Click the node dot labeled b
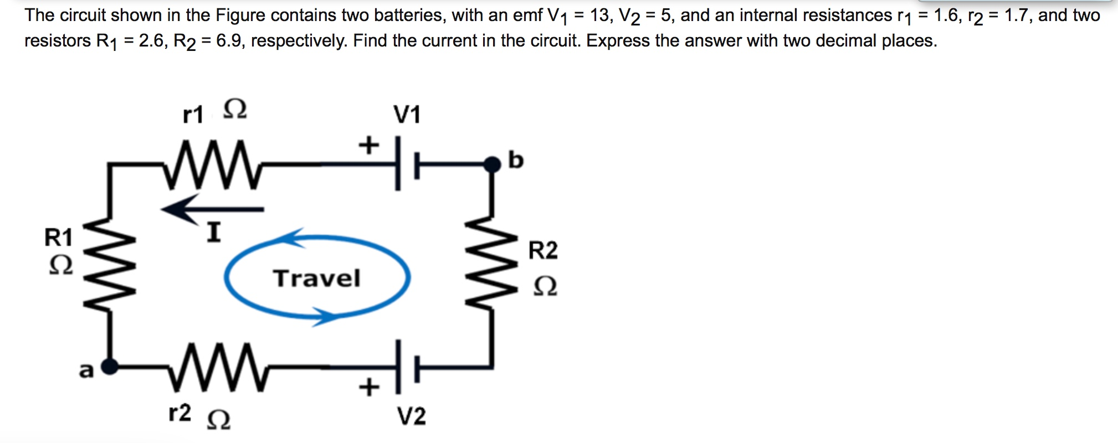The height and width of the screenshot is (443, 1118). point(491,164)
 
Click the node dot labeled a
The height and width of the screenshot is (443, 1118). point(110,366)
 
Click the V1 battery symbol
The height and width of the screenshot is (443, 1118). point(407,164)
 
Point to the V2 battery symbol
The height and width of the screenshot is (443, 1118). point(407,367)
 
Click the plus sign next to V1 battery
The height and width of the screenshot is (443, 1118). point(369,145)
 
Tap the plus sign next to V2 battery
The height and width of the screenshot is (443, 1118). point(369,387)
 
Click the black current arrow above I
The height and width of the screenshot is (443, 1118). point(213,209)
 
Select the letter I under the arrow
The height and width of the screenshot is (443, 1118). point(214,232)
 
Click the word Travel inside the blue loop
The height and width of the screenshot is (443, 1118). point(316,278)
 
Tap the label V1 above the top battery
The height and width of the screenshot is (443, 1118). point(407,115)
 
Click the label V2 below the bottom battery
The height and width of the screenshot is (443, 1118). point(411,416)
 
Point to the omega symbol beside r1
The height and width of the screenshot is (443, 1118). point(235,109)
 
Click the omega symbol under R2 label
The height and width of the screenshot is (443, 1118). point(545,286)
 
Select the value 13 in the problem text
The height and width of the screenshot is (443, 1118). point(599,15)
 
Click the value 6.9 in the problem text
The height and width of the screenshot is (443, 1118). point(229,40)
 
